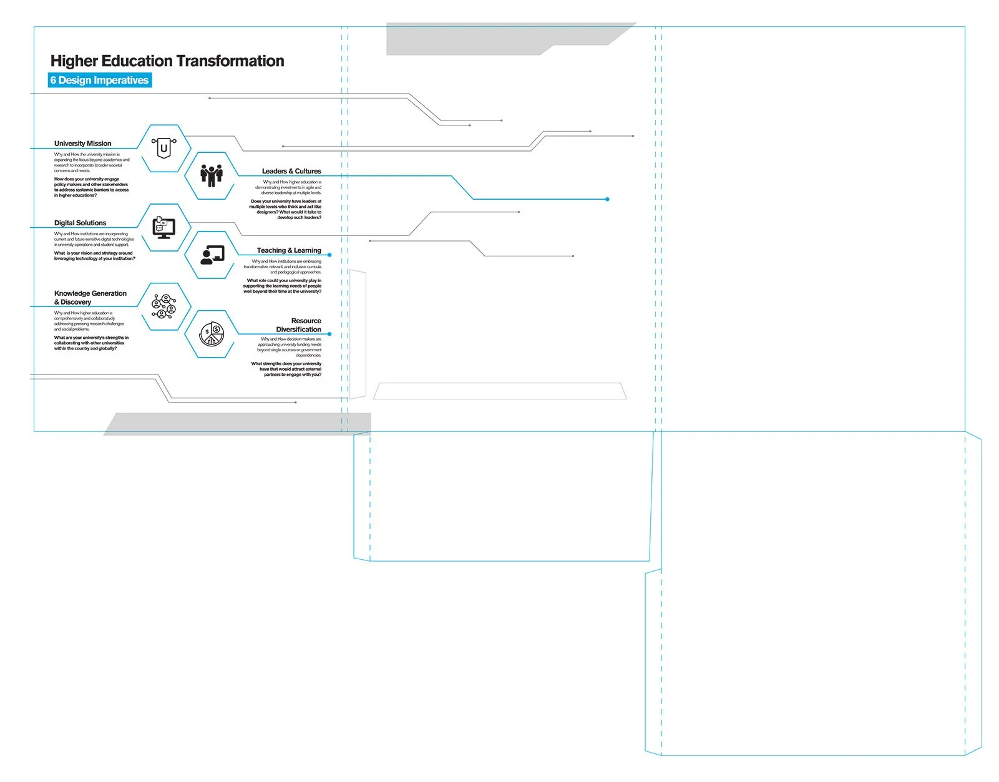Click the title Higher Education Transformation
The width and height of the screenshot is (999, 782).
pyautogui.click(x=167, y=61)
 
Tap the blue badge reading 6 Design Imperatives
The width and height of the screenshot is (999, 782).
pyautogui.click(x=100, y=80)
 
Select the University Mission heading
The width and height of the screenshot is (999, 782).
pyautogui.click(x=83, y=144)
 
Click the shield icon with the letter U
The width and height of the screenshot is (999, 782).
pyautogui.click(x=163, y=148)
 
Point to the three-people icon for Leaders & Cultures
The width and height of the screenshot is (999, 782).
pyautogui.click(x=212, y=175)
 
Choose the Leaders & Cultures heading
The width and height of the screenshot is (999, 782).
pyautogui.click(x=291, y=171)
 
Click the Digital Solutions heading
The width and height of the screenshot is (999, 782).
pyautogui.click(x=80, y=223)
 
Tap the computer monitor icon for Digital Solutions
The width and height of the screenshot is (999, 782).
pyautogui.click(x=163, y=228)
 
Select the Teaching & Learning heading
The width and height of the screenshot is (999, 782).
pyautogui.click(x=289, y=250)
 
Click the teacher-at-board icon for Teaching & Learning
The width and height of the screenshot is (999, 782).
pyautogui.click(x=212, y=255)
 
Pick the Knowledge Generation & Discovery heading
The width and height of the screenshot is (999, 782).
pyautogui.click(x=90, y=298)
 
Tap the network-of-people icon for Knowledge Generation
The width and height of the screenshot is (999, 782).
pyautogui.click(x=163, y=306)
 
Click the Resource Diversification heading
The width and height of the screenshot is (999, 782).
pyautogui.click(x=300, y=325)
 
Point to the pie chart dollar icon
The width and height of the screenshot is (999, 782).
pyautogui.click(x=212, y=335)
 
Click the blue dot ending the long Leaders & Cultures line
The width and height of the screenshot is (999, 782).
pyautogui.click(x=607, y=199)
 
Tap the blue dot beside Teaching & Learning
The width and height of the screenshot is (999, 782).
pyautogui.click(x=329, y=255)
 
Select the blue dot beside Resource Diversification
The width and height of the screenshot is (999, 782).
pyautogui.click(x=329, y=334)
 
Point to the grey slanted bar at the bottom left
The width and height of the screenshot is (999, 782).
pyautogui.click(x=237, y=423)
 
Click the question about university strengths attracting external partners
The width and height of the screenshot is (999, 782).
pyautogui.click(x=286, y=369)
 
